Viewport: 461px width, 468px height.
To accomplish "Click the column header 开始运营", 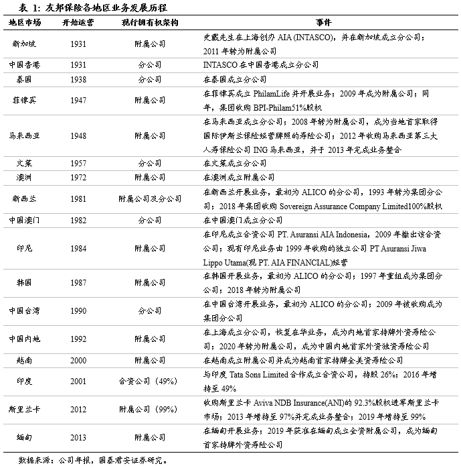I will click(78, 22).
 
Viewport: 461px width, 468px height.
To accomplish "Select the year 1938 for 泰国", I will click(78, 79).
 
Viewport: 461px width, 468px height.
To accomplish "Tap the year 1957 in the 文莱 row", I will click(78, 164).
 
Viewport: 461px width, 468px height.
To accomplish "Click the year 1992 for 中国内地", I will click(78, 339).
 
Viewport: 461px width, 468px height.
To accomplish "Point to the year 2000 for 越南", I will click(78, 361).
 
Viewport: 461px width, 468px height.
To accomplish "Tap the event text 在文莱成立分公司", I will click(234, 164).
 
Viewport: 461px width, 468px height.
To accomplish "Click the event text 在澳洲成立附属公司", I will click(238, 178).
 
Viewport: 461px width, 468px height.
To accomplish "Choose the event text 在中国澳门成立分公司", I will click(242, 220).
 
